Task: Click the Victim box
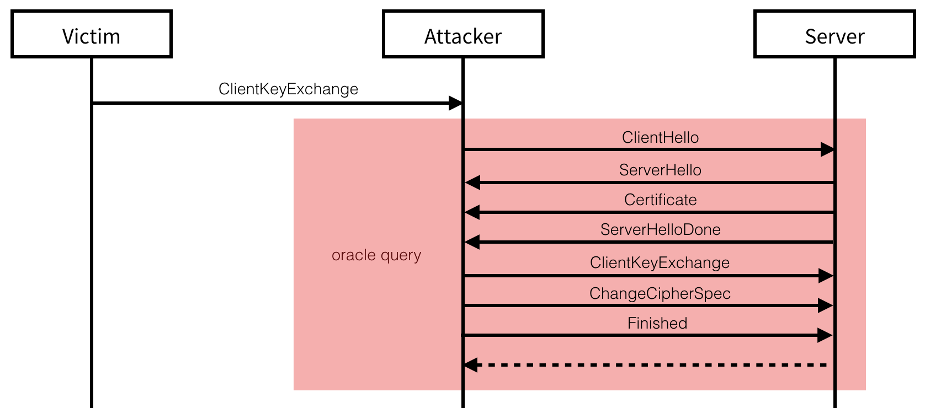click(x=92, y=34)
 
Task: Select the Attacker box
click(x=463, y=34)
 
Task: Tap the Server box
click(x=834, y=34)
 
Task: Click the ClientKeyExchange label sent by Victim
click(x=288, y=89)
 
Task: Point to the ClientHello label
click(x=660, y=137)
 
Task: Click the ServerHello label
click(x=660, y=170)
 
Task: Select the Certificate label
click(x=660, y=200)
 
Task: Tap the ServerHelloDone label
click(x=660, y=229)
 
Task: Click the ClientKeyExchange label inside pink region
click(x=660, y=262)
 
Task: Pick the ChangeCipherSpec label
click(x=660, y=293)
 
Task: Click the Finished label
click(x=657, y=323)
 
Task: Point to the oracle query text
click(x=376, y=255)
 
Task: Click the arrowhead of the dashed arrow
click(x=471, y=365)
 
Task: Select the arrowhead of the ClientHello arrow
click(x=827, y=149)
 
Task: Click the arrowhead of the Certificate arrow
click(x=472, y=212)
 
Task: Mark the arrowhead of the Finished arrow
click(x=825, y=335)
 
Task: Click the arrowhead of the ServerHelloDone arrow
click(x=472, y=242)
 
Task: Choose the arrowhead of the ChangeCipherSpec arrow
click(x=825, y=305)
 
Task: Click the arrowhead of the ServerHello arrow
click(x=472, y=182)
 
